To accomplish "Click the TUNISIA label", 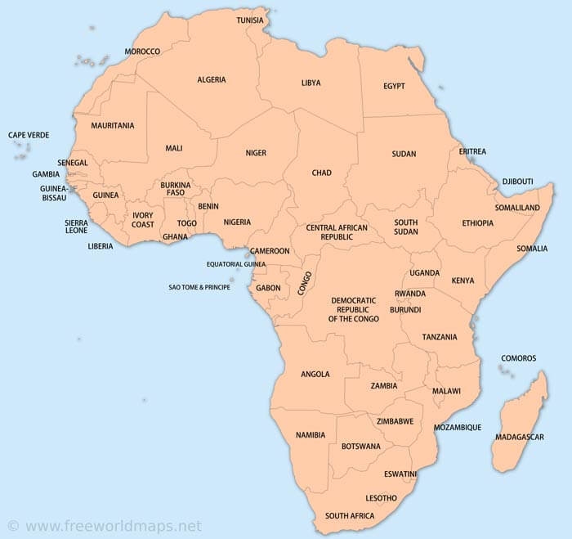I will (250, 20).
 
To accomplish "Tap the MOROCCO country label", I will (142, 52).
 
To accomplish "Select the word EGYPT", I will (394, 86).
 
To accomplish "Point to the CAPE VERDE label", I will (29, 135).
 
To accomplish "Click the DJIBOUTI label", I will (516, 181).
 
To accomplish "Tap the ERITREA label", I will (472, 151).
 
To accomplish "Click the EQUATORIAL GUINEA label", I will (236, 264).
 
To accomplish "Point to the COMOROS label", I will (518, 358).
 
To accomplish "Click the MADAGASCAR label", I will (519, 437).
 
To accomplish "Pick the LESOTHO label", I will (381, 498).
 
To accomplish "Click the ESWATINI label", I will (400, 474).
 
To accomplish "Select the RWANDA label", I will (409, 294).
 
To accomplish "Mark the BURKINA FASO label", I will (176, 189).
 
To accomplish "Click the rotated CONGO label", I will (306, 282).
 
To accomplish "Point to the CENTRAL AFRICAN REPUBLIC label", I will (337, 231).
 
